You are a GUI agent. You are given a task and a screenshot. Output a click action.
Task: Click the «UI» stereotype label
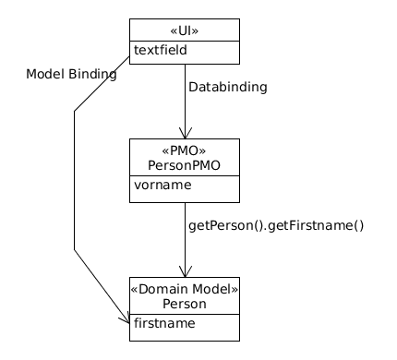[x=185, y=30]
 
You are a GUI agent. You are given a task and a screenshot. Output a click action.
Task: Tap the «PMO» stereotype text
[x=185, y=150]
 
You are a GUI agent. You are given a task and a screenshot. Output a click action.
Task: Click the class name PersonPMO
[x=185, y=165]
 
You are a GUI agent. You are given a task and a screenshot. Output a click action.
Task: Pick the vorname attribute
[x=162, y=185]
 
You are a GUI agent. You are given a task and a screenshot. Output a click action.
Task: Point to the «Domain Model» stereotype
[x=185, y=289]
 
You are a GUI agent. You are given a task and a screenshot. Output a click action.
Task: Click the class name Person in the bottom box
[x=185, y=304]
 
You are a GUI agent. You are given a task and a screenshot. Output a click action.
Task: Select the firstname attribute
[x=164, y=323]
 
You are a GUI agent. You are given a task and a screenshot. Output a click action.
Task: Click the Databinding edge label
[x=227, y=88]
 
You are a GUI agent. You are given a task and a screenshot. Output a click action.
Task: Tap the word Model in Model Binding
[x=45, y=75]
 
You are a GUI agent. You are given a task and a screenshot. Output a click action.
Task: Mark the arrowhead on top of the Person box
[x=185, y=271]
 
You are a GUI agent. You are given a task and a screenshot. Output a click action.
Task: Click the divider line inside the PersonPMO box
[x=185, y=175]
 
